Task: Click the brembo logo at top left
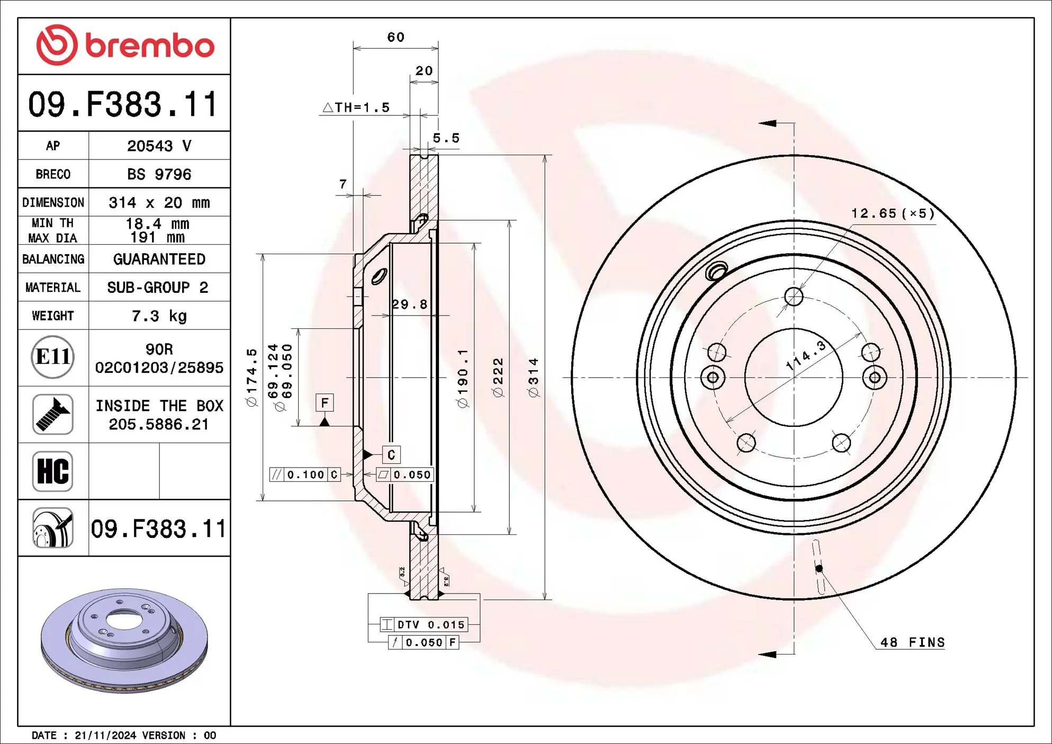click(125, 46)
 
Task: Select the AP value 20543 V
click(159, 146)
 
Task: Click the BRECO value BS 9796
click(159, 174)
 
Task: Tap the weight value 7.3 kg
click(159, 316)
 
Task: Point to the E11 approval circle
click(52, 357)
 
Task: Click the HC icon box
click(52, 471)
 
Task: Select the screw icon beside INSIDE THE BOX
click(52, 414)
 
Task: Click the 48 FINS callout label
click(912, 642)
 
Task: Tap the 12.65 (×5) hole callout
click(893, 213)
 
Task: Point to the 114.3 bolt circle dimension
click(806, 356)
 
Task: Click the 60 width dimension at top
click(395, 38)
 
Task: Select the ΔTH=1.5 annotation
click(356, 107)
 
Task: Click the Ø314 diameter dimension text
click(533, 377)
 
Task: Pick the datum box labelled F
click(325, 402)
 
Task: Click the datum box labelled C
click(391, 454)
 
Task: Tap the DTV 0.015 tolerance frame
click(424, 625)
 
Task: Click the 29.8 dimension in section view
click(409, 304)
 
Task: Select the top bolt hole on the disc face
click(794, 297)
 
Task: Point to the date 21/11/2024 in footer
click(105, 736)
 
